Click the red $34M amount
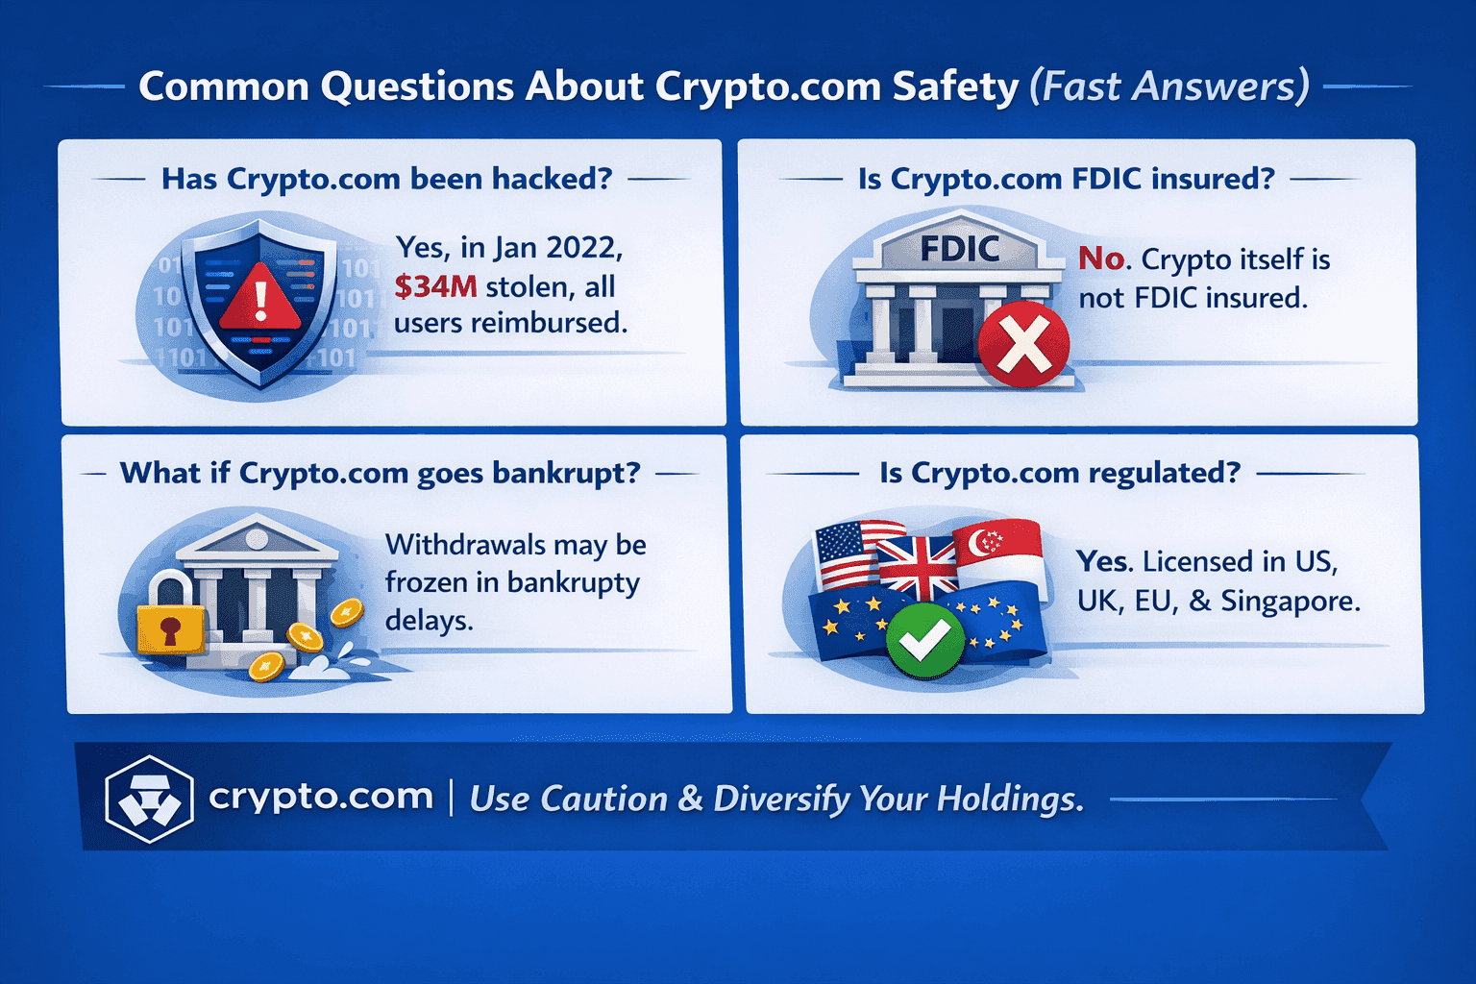435,286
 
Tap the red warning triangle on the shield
260,298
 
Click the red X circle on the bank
1022,345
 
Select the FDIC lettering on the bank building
959,249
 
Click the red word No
1101,258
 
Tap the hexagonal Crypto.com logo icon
150,799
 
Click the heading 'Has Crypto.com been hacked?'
387,179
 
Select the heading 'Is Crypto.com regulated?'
1060,473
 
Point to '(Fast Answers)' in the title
1169,86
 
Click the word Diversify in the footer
781,799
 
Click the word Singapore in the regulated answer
1291,601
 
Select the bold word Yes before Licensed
1102,561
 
